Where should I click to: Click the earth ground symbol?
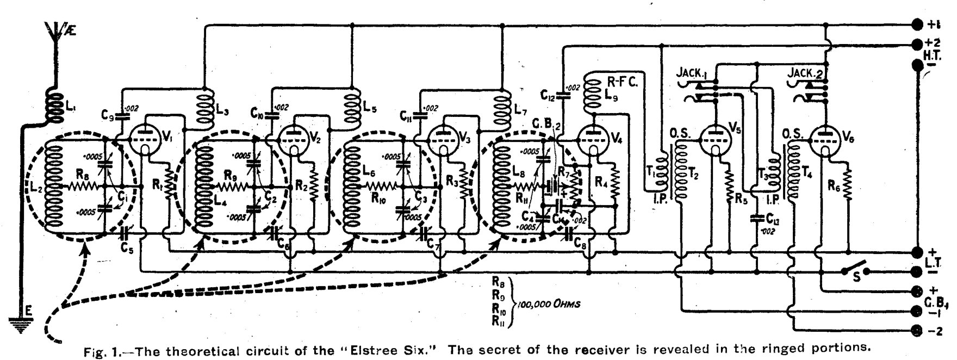[24, 324]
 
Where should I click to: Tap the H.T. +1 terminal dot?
[917, 25]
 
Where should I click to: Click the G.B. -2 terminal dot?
[917, 330]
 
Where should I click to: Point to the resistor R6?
[847, 179]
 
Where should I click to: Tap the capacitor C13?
[755, 219]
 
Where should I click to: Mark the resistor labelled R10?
[382, 187]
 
